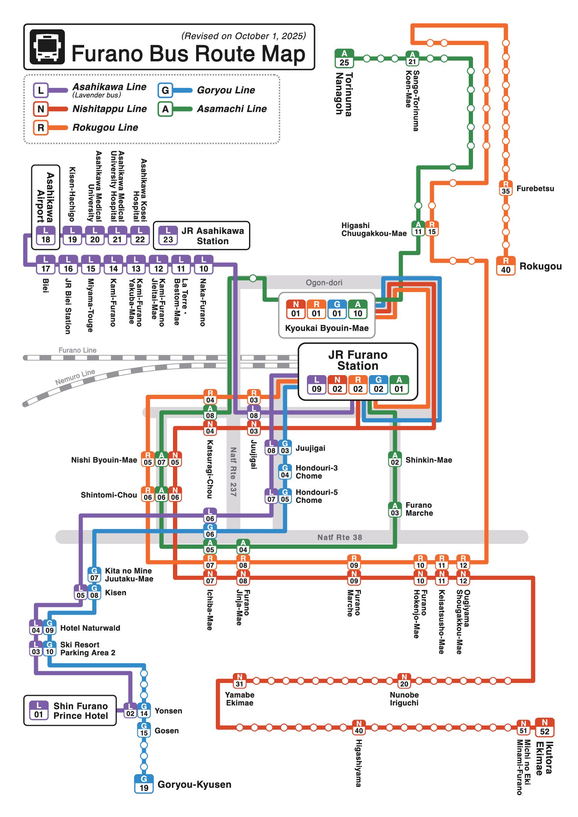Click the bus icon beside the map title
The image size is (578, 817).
click(47, 46)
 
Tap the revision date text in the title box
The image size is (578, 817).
click(243, 36)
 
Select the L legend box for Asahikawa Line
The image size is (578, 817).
click(41, 91)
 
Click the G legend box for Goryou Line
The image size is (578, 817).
click(165, 90)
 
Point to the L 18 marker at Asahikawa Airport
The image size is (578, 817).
click(46, 235)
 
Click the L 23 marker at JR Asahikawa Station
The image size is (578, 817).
click(168, 235)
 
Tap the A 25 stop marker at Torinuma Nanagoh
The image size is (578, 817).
click(344, 58)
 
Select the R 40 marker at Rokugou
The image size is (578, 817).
click(505, 266)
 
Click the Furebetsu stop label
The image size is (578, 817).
click(535, 188)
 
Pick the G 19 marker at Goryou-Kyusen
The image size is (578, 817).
click(144, 784)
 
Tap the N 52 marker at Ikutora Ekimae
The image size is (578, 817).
click(544, 727)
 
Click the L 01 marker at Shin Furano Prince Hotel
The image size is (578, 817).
click(39, 710)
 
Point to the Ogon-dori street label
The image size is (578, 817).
click(324, 282)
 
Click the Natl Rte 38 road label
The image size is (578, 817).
click(339, 537)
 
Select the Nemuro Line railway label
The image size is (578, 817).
click(75, 377)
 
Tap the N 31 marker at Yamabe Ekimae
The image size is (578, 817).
click(239, 680)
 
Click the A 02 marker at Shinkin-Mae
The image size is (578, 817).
click(395, 459)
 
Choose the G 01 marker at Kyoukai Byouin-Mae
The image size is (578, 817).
click(337, 310)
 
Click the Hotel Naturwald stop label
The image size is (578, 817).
click(90, 628)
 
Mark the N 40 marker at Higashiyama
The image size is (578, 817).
click(359, 727)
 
